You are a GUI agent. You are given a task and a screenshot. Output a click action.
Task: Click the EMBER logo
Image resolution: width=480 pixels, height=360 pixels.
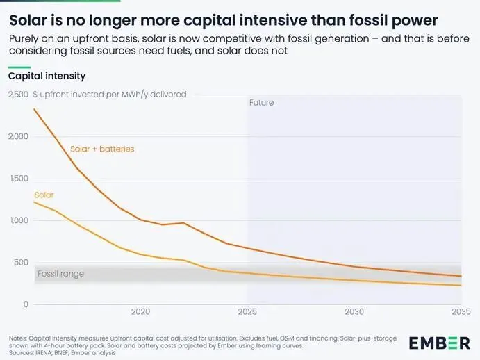(438, 342)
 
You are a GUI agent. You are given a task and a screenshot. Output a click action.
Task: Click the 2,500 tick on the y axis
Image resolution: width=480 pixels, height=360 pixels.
(17, 95)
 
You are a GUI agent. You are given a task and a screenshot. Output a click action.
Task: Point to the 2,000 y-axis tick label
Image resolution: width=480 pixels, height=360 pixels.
(17, 136)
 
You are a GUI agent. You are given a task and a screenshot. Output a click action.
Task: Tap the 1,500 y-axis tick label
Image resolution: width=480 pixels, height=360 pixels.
(17, 179)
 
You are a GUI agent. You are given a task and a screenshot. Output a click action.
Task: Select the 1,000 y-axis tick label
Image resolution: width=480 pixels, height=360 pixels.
(17, 221)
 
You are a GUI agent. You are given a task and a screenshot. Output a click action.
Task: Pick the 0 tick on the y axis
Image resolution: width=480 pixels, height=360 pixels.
(25, 304)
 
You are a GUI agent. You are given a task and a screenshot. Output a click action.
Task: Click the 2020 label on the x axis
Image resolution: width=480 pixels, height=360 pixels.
(140, 312)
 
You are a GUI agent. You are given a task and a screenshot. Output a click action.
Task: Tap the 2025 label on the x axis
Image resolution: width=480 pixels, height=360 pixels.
(247, 312)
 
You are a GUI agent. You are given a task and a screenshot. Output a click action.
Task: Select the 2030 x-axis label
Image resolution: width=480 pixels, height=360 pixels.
(354, 312)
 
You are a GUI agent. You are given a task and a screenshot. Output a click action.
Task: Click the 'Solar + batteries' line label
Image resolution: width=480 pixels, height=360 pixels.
(102, 149)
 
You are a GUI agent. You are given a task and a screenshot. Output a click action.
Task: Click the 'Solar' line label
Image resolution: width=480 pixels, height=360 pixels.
(44, 195)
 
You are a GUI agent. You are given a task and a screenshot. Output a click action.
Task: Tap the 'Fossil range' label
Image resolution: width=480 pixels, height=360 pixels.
(60, 274)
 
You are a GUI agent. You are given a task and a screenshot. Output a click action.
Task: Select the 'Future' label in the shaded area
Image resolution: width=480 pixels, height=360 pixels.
(261, 103)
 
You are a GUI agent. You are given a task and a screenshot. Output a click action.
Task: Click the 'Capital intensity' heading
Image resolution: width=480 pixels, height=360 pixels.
(47, 76)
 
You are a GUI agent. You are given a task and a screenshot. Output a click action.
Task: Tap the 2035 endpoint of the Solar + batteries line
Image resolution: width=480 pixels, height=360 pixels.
(461, 276)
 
